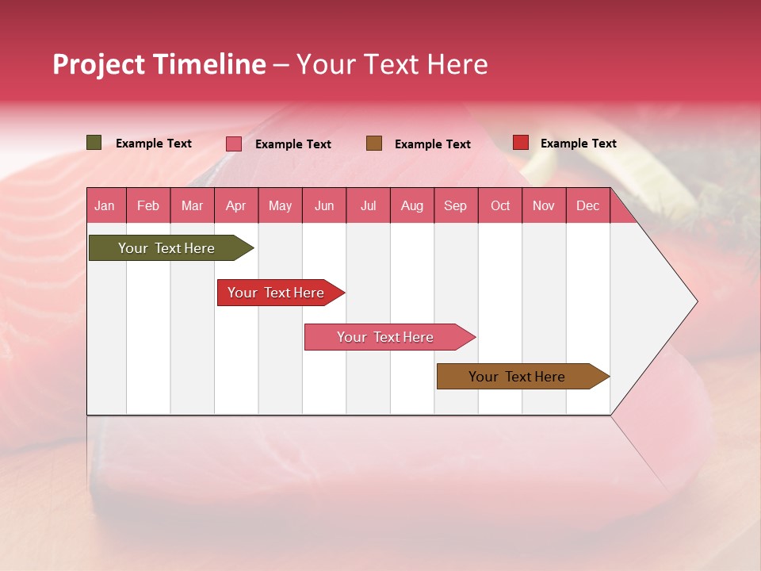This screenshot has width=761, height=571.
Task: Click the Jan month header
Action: click(105, 205)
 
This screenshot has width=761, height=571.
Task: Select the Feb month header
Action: click(148, 205)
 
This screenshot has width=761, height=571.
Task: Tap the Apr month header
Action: click(235, 205)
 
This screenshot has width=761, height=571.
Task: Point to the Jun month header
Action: click(324, 205)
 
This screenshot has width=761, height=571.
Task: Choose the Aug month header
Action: click(412, 205)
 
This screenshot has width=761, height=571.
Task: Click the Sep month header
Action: click(456, 205)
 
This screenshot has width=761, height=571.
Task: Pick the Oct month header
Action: click(500, 205)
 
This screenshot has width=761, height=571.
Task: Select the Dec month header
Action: click(587, 205)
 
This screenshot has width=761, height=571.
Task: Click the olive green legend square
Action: click(94, 143)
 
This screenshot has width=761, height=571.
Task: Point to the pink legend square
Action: click(234, 144)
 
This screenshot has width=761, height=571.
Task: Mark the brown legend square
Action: click(374, 144)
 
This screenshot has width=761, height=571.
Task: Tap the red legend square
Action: click(521, 143)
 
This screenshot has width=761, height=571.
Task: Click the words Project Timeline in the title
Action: click(159, 64)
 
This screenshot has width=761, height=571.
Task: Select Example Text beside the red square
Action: click(578, 144)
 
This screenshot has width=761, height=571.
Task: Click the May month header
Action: click(280, 205)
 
